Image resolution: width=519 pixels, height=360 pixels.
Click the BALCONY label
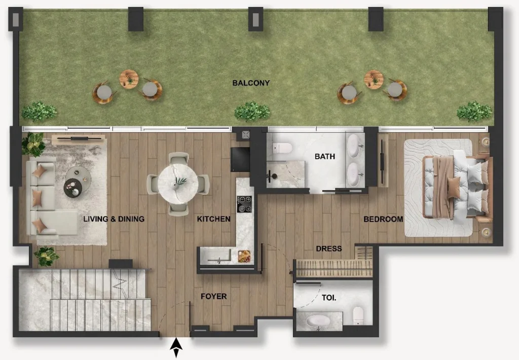click(251, 83)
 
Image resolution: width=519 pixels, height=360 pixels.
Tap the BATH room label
click(325, 156)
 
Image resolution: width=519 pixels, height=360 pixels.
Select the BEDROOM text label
click(383, 219)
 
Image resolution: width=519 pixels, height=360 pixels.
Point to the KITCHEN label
click(213, 219)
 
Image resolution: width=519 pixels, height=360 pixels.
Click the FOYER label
click(214, 297)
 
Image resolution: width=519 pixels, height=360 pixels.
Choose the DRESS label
click(328, 249)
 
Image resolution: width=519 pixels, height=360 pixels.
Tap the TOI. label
click(329, 298)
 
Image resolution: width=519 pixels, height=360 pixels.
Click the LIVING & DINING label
click(114, 219)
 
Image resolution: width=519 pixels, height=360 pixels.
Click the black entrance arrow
click(176, 348)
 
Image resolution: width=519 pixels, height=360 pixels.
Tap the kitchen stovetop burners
click(244, 204)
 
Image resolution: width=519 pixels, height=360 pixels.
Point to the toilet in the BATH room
click(282, 148)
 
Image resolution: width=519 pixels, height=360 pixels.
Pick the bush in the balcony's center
click(252, 111)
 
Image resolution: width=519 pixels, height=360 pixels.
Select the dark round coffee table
click(73, 188)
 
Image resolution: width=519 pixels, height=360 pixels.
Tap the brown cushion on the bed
click(454, 188)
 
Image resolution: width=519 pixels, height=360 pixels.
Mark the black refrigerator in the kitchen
click(240, 159)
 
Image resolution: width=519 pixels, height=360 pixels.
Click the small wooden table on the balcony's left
click(129, 79)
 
